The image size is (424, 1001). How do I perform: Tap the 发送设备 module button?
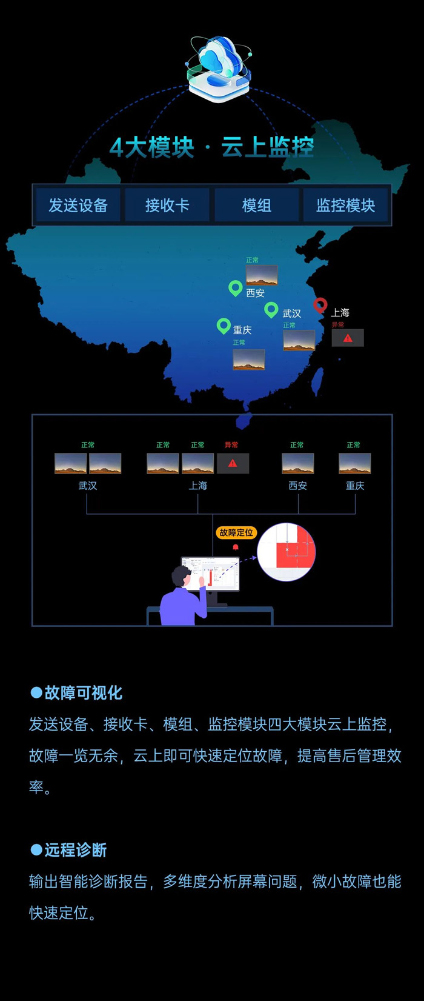78,205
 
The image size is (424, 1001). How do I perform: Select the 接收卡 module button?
167,205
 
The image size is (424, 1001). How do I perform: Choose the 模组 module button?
256,205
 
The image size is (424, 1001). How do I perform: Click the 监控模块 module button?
346,205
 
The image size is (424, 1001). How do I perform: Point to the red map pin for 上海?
320,305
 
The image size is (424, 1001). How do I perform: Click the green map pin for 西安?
235,287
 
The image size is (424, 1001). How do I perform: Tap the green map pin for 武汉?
271,309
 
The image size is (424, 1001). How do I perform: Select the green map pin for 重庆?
224,326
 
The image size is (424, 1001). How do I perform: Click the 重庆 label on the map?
242,330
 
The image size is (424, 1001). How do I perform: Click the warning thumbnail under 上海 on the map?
348,338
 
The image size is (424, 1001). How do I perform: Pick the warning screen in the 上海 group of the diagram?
233,463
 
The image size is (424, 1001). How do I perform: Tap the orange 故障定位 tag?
236,532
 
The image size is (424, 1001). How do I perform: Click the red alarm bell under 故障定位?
236,547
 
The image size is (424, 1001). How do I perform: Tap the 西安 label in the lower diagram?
297,486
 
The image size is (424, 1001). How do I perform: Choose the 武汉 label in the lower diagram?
88,486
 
